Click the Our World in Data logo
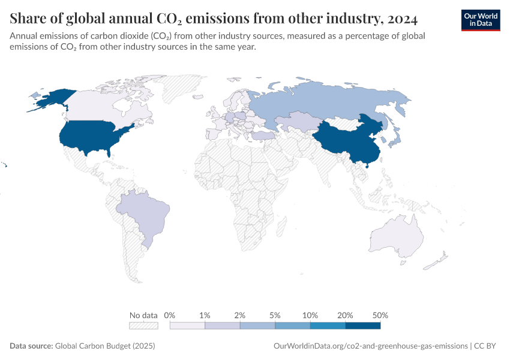click(480, 20)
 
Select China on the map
click(348, 141)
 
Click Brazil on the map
click(141, 213)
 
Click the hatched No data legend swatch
click(143, 326)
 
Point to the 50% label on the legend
click(380, 315)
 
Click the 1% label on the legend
click(205, 315)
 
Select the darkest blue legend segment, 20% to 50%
click(363, 326)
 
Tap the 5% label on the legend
click(275, 315)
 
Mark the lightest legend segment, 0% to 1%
click(187, 326)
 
